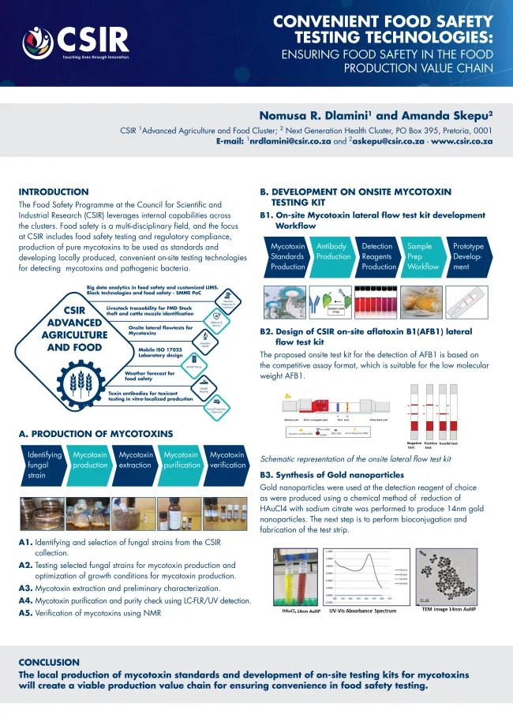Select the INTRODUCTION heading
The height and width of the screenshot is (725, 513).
pyautogui.click(x=54, y=192)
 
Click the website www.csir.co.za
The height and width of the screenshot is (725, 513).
pyautogui.click(x=462, y=141)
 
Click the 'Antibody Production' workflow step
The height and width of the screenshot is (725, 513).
pyautogui.click(x=333, y=256)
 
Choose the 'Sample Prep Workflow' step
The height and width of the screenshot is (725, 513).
pyautogui.click(x=421, y=256)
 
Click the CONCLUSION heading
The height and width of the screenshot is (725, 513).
pyautogui.click(x=49, y=662)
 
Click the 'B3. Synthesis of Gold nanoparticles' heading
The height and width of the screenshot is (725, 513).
pyautogui.click(x=331, y=475)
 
